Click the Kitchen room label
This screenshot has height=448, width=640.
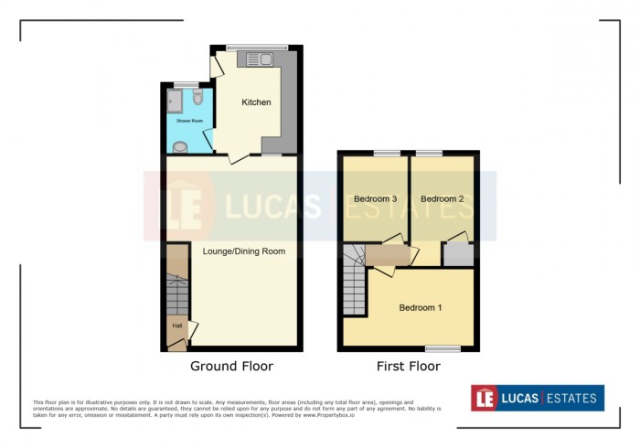256,102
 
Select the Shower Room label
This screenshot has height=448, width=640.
188,120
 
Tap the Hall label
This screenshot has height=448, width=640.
176,325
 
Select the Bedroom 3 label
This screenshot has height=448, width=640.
374,198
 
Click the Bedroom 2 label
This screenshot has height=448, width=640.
442,198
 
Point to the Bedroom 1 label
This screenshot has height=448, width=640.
421,308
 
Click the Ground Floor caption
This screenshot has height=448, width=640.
231,367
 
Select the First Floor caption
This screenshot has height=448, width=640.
409,367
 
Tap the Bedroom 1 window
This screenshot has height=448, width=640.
443,347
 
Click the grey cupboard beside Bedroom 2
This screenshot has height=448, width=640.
456,254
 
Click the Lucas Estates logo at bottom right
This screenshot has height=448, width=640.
537,398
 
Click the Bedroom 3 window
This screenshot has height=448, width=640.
387,152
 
